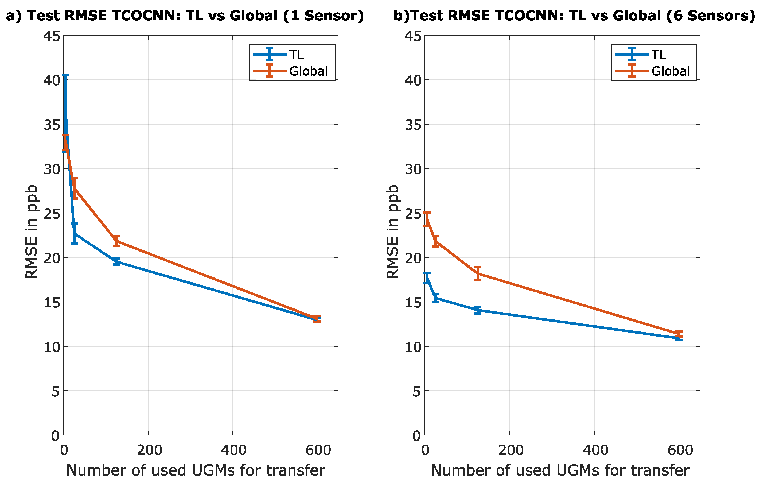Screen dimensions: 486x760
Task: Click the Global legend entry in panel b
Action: (670, 71)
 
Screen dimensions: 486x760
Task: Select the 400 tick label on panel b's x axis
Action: (595, 450)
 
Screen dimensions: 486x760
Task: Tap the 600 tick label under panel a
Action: (318, 450)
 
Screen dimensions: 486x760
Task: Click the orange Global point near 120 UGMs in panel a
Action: (116, 241)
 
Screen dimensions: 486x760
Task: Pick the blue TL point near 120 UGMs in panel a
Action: (116, 261)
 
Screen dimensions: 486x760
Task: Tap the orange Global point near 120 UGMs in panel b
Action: (478, 273)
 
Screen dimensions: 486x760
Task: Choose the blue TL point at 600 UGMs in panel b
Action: (679, 338)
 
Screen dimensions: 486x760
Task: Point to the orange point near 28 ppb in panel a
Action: (74, 188)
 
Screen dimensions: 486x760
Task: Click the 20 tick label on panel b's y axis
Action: (413, 258)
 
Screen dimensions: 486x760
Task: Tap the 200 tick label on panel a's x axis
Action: (149, 450)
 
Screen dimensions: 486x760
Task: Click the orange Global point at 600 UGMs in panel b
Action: (679, 334)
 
